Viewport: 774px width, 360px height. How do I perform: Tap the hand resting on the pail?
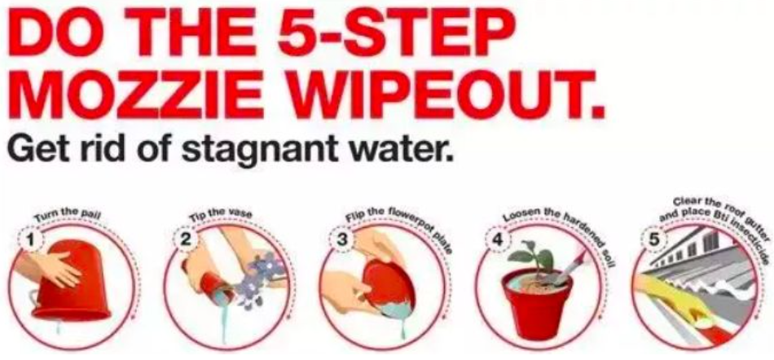point(53,268)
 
